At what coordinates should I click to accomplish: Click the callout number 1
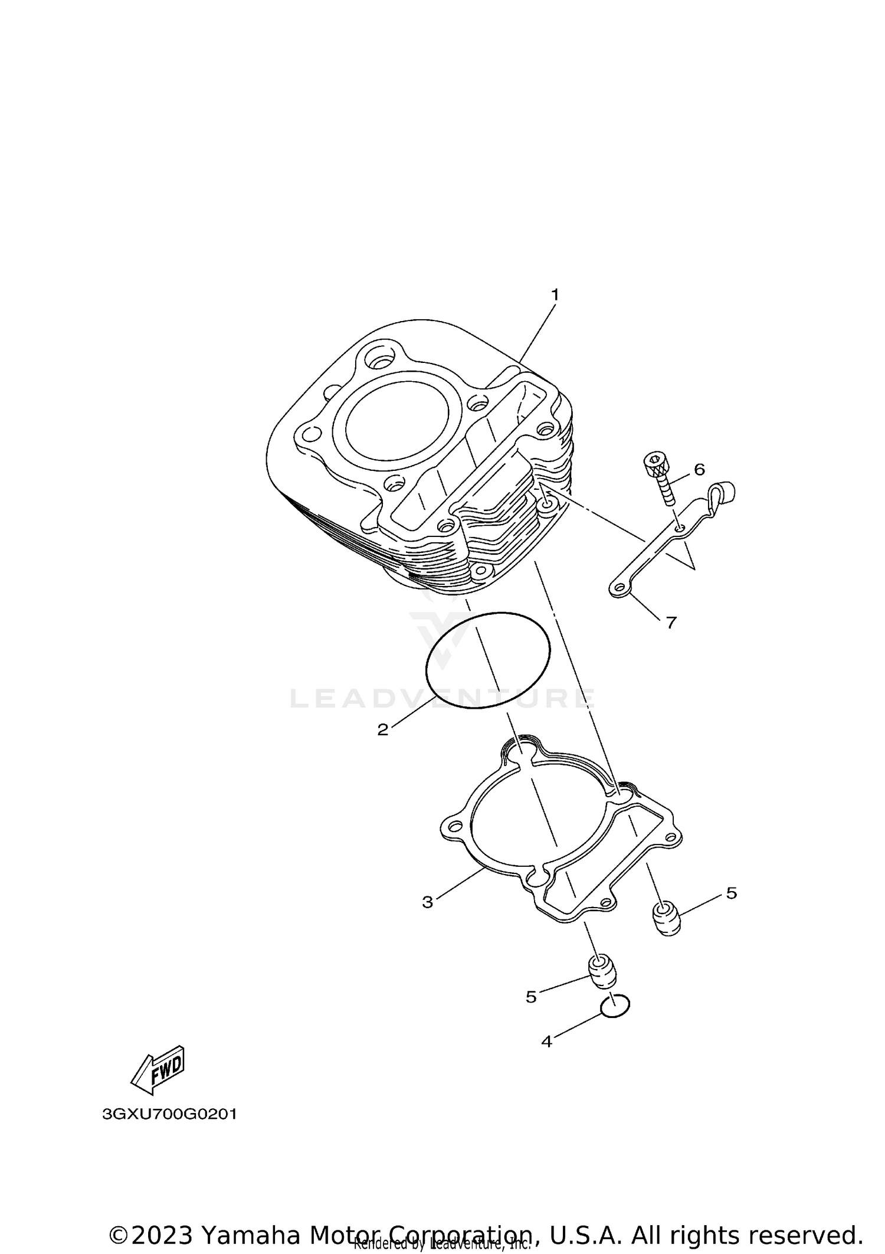click(554, 294)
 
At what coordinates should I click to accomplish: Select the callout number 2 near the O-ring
click(383, 730)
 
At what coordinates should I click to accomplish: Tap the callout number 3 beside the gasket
click(428, 919)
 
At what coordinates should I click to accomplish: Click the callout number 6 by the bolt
click(699, 470)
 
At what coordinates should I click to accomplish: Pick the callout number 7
click(671, 623)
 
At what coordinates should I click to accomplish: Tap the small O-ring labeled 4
click(615, 1006)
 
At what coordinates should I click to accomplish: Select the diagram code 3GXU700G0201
click(169, 1115)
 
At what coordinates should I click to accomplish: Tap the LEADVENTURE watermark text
click(442, 699)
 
